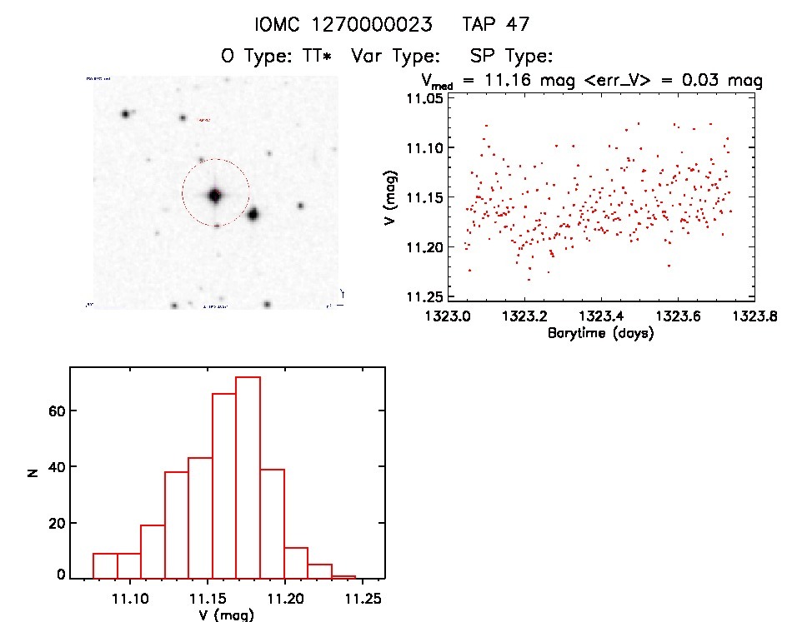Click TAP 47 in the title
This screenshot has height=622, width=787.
(x=495, y=24)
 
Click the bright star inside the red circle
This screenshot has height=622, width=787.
(x=215, y=196)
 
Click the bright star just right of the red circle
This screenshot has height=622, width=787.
(x=253, y=214)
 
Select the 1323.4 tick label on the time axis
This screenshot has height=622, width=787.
(x=601, y=317)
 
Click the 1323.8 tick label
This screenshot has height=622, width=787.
(x=754, y=317)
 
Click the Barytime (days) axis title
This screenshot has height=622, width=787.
(x=600, y=333)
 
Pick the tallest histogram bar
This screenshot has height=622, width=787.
(x=248, y=476)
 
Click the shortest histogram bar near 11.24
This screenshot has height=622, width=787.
(x=343, y=576)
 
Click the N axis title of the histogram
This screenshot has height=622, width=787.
(x=32, y=472)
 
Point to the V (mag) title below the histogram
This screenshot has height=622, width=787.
(x=227, y=615)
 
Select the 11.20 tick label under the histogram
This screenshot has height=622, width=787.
(x=285, y=598)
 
